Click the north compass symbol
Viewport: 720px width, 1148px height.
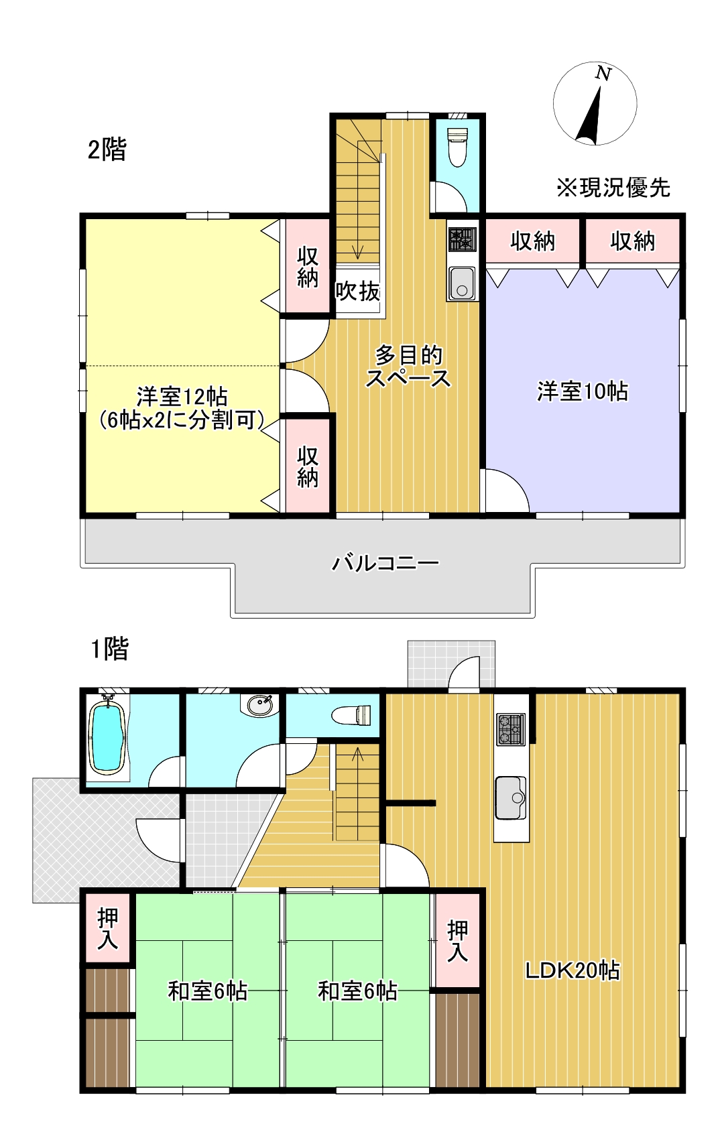(595, 103)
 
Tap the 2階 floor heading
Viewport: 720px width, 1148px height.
(107, 149)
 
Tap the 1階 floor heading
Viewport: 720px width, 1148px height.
(109, 649)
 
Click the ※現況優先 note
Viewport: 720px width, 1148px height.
(613, 188)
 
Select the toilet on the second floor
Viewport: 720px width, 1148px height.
(457, 147)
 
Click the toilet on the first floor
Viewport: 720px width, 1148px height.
(352, 715)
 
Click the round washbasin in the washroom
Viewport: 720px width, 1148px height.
(259, 705)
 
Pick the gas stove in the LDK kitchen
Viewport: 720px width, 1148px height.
(511, 729)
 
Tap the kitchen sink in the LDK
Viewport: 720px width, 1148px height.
(511, 798)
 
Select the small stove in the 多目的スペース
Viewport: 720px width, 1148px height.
(462, 239)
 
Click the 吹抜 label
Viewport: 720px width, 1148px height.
(358, 291)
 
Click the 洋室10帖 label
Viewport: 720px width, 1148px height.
(582, 391)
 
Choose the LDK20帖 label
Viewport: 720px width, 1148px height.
(572, 970)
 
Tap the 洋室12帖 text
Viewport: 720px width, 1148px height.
(182, 396)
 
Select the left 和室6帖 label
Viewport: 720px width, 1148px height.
(207, 991)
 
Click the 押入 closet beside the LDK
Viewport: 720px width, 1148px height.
(457, 940)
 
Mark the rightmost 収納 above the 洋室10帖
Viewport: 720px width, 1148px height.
(632, 241)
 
